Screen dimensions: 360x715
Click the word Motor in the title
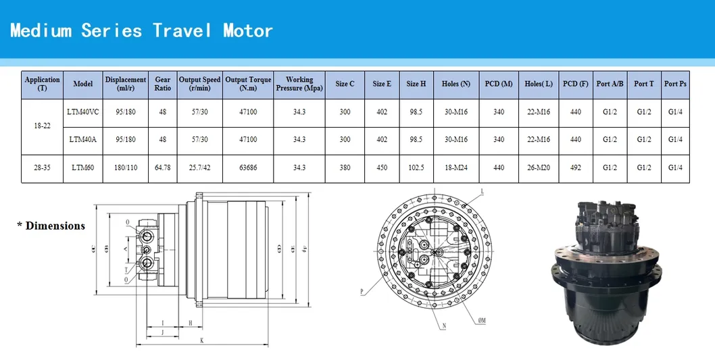247,30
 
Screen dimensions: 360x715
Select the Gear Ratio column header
163,84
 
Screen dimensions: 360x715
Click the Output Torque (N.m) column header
248,84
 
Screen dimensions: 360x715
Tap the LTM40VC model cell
82,111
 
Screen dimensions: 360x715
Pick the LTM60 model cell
82,168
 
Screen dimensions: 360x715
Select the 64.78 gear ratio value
163,168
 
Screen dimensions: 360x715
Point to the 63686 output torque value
248,168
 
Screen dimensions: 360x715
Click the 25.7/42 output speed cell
200,168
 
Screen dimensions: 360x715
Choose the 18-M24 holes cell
455,168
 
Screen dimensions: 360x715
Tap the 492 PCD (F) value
575,168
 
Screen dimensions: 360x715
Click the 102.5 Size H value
416,168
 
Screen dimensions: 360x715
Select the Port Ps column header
675,84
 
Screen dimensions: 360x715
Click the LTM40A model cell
82,140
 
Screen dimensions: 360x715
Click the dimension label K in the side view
201,340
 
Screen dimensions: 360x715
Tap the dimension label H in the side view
191,323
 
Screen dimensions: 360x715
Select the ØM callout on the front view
482,320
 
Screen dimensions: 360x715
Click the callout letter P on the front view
362,292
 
